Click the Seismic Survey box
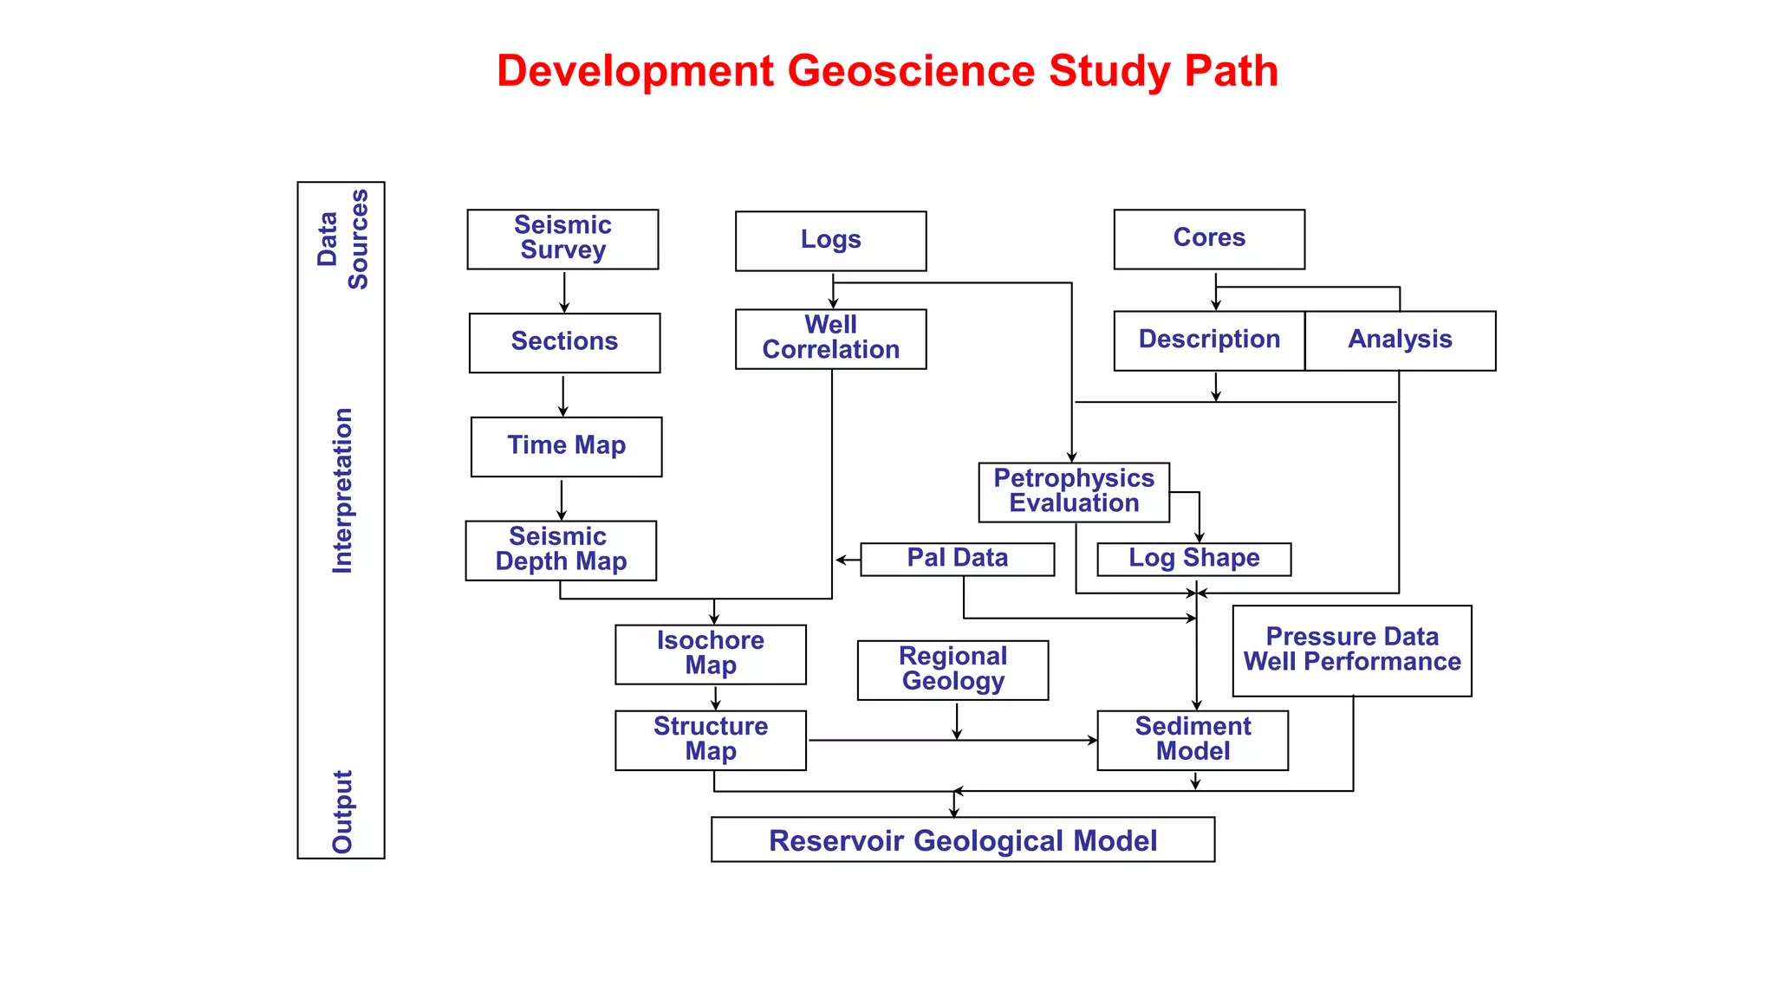point(562,239)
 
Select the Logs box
point(830,241)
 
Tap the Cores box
point(1209,239)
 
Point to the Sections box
point(564,342)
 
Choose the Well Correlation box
point(830,339)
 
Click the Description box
point(1209,340)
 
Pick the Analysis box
point(1400,340)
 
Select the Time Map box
point(566,446)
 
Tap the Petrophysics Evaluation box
point(1074,492)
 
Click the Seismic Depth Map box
point(561,550)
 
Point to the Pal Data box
point(957,559)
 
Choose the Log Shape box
point(1193,559)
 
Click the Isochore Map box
point(710,654)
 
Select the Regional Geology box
point(953,670)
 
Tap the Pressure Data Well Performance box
point(1351,651)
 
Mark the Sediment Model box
point(1193,740)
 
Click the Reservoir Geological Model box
point(962,839)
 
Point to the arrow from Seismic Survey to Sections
point(564,292)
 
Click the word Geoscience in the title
point(911,71)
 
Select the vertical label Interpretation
point(343,490)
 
